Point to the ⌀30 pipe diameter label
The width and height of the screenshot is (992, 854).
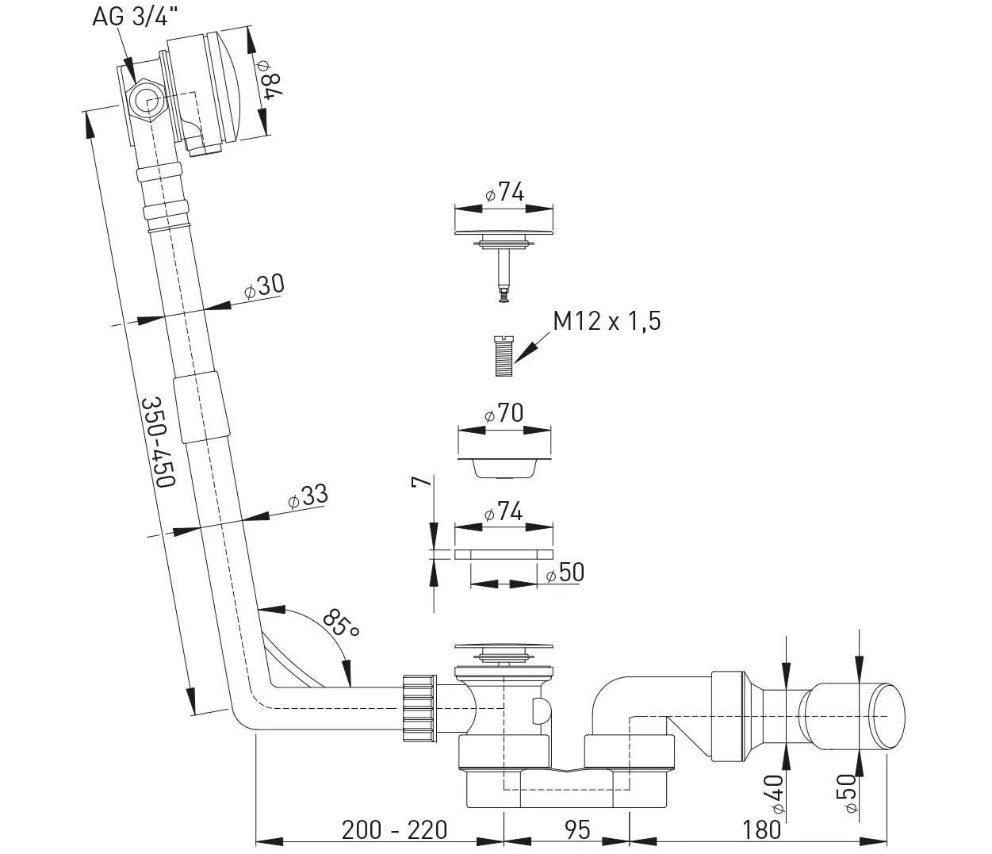click(x=263, y=285)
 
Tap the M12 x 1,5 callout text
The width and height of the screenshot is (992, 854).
click(x=607, y=321)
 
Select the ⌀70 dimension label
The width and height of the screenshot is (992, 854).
click(x=504, y=413)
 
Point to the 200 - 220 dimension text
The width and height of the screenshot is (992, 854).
click(x=395, y=830)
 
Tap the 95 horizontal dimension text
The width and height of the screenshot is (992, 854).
click(x=578, y=830)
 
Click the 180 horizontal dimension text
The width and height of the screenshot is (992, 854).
click(x=763, y=830)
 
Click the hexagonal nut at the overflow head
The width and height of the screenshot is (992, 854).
click(x=146, y=101)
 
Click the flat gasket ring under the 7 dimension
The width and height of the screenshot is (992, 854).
click(x=503, y=553)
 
